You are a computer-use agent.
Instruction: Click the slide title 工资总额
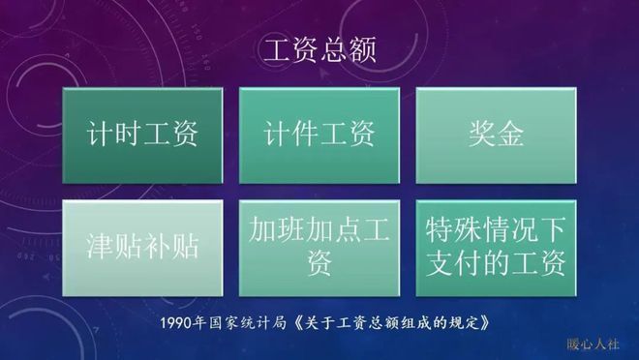coord(319,49)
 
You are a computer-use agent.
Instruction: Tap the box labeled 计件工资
coord(319,135)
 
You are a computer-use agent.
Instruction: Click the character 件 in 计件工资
coord(302,135)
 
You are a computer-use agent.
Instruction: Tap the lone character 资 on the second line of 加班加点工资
coord(319,263)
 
